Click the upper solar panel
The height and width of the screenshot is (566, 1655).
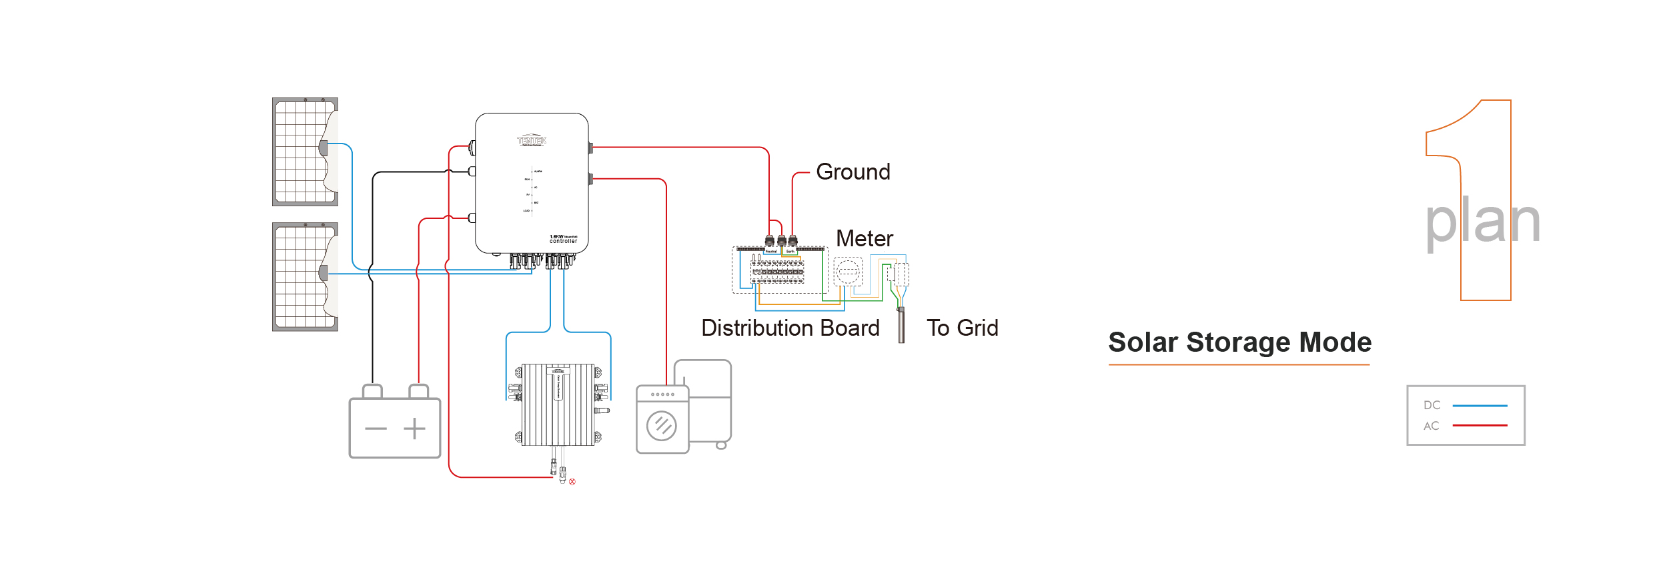tap(304, 152)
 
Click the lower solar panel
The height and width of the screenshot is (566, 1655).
tap(304, 276)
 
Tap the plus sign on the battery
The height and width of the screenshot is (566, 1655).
tap(414, 429)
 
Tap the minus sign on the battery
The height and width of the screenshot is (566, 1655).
tap(376, 429)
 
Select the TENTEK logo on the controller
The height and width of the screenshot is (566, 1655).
tap(532, 140)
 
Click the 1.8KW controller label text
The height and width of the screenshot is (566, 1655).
tap(563, 239)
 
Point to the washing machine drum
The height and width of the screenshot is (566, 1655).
tap(662, 426)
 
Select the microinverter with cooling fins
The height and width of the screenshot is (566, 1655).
tap(558, 404)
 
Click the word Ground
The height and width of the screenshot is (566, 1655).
tap(853, 172)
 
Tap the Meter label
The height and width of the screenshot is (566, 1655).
tap(864, 239)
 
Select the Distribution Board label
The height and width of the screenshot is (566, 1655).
tap(790, 328)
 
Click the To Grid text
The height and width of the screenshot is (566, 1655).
tap(962, 328)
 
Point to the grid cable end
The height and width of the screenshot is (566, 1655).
tap(901, 327)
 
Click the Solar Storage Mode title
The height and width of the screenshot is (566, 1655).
tap(1239, 342)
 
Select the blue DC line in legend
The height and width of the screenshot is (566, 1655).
tap(1480, 405)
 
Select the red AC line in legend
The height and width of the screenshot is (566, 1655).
tap(1480, 425)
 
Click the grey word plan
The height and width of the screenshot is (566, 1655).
tap(1482, 222)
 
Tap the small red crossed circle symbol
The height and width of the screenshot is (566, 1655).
tap(572, 481)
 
